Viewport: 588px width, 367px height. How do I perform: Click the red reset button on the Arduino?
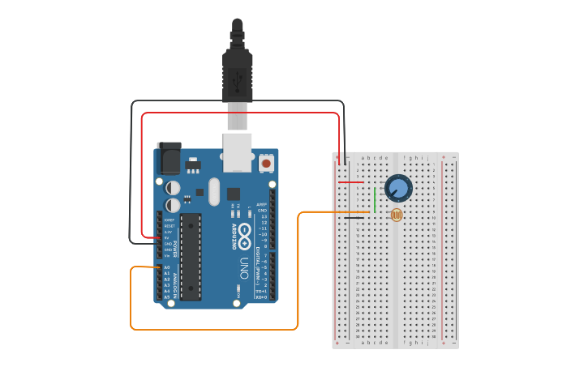click(266, 164)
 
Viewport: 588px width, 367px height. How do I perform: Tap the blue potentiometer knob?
click(397, 189)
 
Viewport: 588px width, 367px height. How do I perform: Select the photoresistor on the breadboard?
click(396, 216)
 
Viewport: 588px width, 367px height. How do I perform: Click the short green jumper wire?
click(375, 199)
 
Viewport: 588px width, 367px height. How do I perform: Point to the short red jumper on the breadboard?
click(350, 182)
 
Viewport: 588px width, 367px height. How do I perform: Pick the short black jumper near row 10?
click(354, 218)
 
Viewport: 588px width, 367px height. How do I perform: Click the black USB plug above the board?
click(237, 73)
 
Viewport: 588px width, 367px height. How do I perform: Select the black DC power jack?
click(170, 158)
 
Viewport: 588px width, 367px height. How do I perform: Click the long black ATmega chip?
click(190, 256)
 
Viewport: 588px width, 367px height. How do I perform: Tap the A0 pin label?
click(167, 267)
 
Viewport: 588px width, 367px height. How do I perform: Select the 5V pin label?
click(168, 237)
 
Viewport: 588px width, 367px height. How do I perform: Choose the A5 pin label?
click(167, 297)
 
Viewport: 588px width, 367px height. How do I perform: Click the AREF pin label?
click(261, 204)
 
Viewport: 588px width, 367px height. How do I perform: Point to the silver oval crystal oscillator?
click(213, 192)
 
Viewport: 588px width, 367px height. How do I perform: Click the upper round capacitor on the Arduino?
click(173, 186)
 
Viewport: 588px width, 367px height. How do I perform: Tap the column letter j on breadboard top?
click(427, 157)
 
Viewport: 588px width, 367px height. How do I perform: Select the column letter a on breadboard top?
click(362, 157)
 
